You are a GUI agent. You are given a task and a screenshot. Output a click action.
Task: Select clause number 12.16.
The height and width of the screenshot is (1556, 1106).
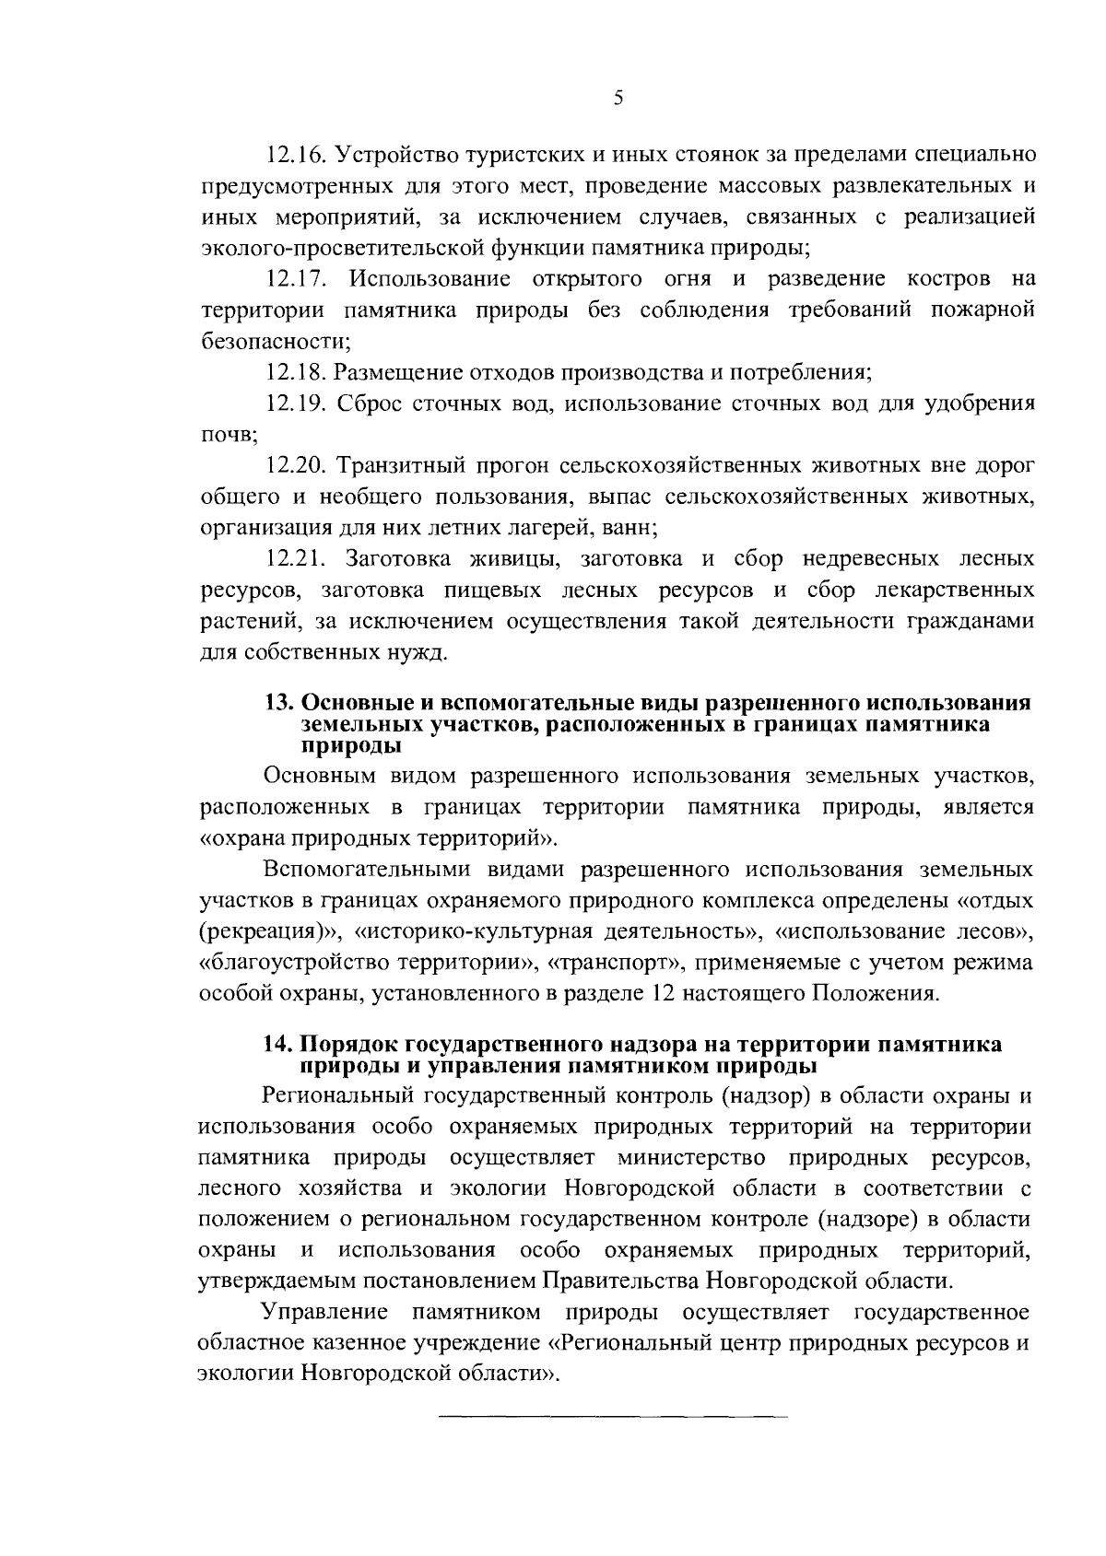[292, 152]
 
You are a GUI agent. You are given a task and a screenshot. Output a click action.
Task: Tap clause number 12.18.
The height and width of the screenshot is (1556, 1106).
[292, 372]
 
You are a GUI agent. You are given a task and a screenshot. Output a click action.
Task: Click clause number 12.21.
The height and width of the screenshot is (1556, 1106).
[292, 559]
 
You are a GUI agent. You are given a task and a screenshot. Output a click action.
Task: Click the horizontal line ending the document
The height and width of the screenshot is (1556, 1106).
[612, 1414]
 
